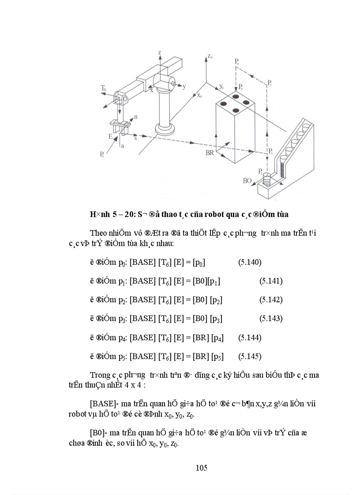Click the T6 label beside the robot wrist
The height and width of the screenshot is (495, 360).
[x=104, y=89]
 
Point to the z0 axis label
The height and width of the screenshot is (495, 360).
[x=210, y=57]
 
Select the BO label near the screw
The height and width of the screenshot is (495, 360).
[x=248, y=180]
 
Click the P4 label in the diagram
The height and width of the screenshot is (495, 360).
[x=237, y=62]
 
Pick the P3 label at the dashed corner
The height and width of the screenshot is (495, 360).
[x=270, y=83]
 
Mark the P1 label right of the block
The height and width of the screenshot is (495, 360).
[x=270, y=152]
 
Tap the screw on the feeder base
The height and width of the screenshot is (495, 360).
[x=266, y=179]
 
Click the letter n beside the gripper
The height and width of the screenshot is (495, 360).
[x=135, y=117]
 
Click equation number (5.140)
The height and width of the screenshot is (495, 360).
[x=250, y=263]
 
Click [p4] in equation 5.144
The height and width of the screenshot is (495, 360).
[x=217, y=338]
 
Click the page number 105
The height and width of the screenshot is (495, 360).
[x=201, y=468]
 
